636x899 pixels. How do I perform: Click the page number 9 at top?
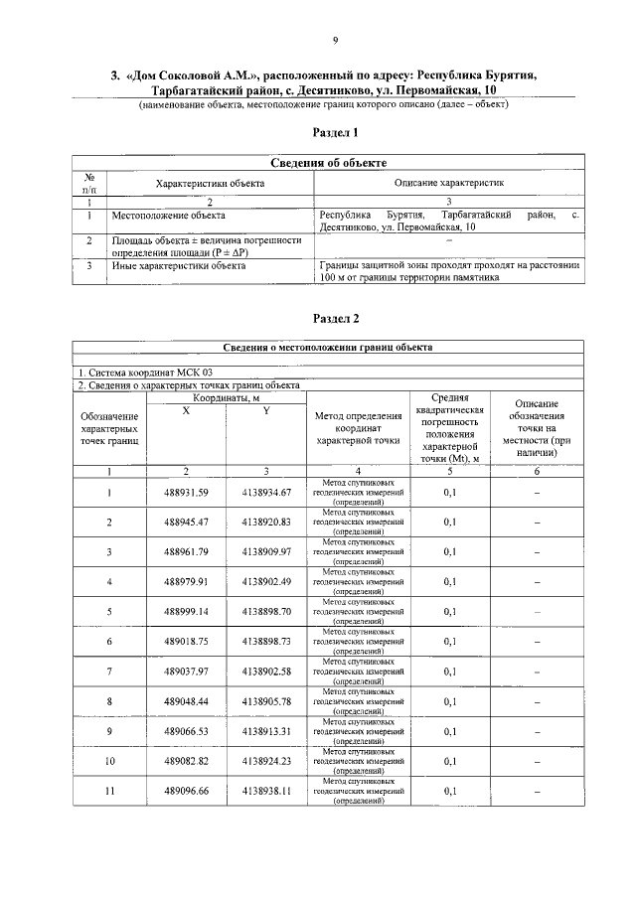[x=335, y=39]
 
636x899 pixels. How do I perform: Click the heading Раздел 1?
[x=335, y=132]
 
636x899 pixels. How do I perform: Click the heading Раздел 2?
[x=335, y=319]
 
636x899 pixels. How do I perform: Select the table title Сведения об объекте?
[x=328, y=163]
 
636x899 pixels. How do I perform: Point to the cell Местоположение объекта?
[x=169, y=215]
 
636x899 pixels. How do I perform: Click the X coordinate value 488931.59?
[x=187, y=492]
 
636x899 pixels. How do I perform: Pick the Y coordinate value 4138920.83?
[x=265, y=522]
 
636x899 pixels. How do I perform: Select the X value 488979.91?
[x=187, y=581]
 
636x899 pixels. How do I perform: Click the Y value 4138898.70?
[x=265, y=611]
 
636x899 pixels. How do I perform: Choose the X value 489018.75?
[x=187, y=642]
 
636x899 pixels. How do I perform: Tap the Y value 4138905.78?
[x=265, y=701]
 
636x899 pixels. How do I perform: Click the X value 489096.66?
[x=187, y=791]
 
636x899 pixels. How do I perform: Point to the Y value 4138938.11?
[x=265, y=791]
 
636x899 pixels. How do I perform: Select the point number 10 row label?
[x=109, y=761]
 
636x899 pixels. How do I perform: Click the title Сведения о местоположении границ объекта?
[x=327, y=348]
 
